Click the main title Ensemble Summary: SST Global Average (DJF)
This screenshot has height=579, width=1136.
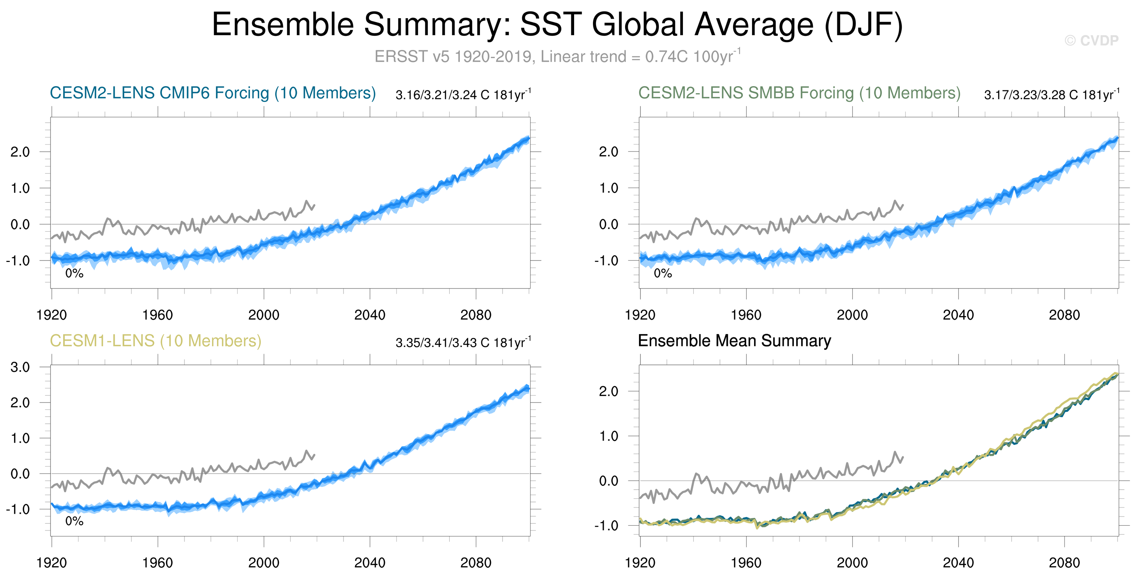(557, 25)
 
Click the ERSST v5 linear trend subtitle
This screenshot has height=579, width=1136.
(557, 57)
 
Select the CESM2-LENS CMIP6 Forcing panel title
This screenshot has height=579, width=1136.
(212, 93)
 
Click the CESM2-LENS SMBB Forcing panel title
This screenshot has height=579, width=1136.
(799, 93)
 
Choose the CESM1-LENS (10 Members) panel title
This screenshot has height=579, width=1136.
(155, 341)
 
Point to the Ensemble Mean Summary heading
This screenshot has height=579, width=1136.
(734, 341)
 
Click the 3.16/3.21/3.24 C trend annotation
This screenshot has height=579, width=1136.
(463, 95)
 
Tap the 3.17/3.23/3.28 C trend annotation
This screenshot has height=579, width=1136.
(1051, 95)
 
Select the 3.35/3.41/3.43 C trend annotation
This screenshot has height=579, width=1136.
(463, 343)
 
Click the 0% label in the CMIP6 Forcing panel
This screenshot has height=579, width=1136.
(74, 273)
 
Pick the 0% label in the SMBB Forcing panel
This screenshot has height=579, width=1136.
(662, 273)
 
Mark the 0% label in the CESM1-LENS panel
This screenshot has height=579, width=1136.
(74, 521)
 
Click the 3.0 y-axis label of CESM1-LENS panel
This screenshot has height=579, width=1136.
(20, 367)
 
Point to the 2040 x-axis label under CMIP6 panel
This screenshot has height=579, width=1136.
(370, 315)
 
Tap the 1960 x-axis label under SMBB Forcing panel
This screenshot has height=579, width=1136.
(746, 315)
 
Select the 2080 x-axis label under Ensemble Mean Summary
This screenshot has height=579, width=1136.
(1064, 563)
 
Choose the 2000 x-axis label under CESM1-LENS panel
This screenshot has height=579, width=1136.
(263, 563)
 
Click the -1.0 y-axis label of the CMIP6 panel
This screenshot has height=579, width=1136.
(18, 261)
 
